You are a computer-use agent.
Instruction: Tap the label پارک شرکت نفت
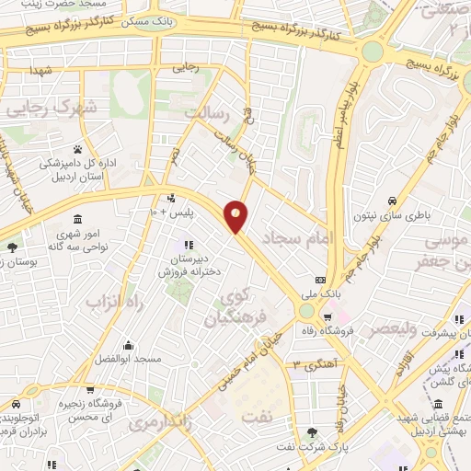[x=317, y=448]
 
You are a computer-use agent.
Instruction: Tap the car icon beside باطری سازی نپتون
[x=392, y=201]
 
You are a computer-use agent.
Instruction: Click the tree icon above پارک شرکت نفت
[x=317, y=432]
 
